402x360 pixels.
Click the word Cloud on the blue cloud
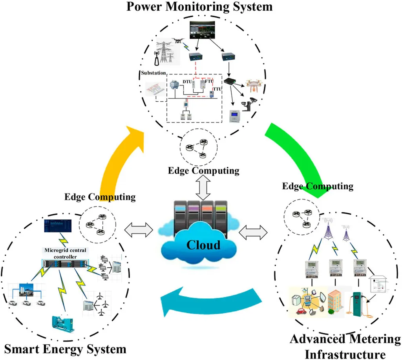[203, 245]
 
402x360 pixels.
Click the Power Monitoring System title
[199, 6]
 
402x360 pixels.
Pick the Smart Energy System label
[65, 349]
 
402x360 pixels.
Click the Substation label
[153, 73]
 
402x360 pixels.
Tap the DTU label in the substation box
[187, 82]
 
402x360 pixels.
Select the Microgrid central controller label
[66, 253]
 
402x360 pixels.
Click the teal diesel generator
[63, 323]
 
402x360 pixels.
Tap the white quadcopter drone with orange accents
[254, 86]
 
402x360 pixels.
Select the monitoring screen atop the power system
[202, 30]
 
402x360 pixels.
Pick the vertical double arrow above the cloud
[203, 188]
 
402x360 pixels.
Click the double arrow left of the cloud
[139, 230]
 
